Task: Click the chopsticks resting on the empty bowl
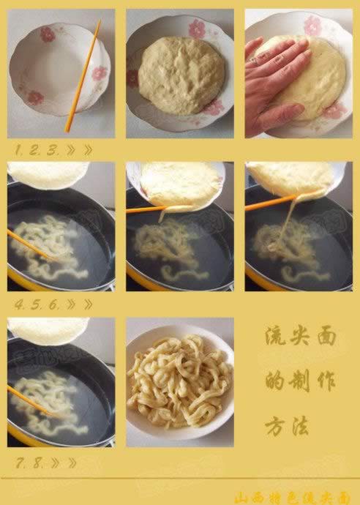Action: click(83, 77)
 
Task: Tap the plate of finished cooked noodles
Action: click(179, 382)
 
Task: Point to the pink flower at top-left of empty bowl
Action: click(47, 34)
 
